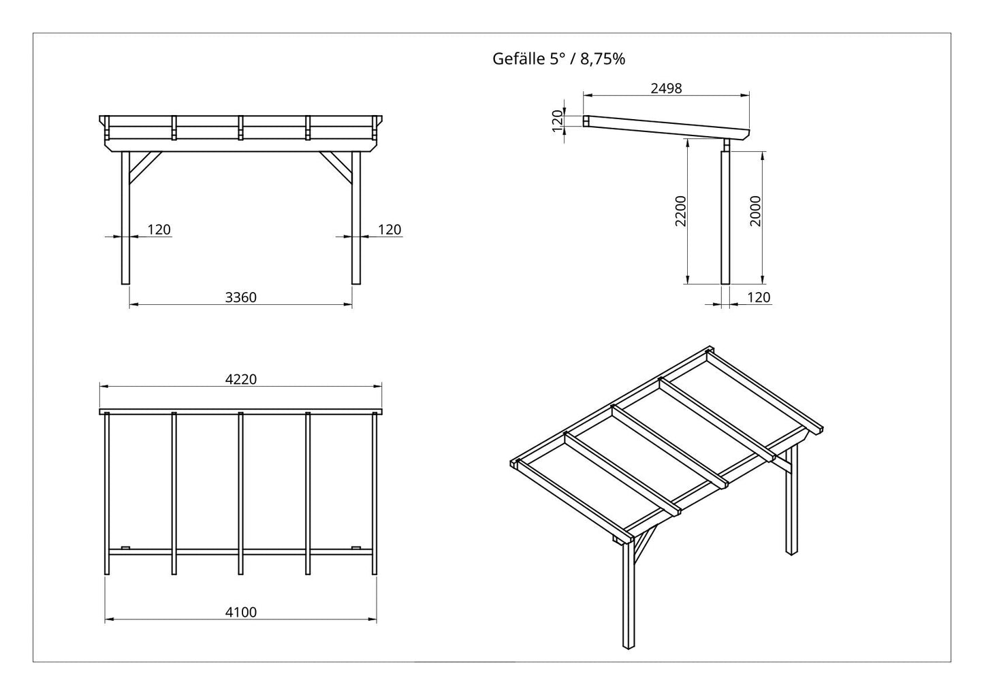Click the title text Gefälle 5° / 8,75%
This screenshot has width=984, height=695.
[558, 59]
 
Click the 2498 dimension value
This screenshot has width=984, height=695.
[666, 88]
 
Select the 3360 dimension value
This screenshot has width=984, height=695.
[241, 297]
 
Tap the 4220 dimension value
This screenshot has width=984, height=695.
[241, 379]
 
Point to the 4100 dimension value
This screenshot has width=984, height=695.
[241, 612]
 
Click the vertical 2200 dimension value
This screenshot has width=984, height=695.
[680, 211]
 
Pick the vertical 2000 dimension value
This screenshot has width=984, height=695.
[755, 211]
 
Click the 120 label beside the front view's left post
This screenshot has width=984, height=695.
[159, 229]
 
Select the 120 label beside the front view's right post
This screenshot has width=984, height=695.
[390, 229]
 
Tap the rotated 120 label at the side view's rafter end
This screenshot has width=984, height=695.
[557, 120]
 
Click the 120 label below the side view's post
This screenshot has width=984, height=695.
[759, 297]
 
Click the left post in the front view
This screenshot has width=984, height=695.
[125, 219]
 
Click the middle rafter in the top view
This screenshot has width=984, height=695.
[240, 493]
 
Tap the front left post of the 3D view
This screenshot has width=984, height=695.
[629, 600]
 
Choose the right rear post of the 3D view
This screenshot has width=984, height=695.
[791, 500]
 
